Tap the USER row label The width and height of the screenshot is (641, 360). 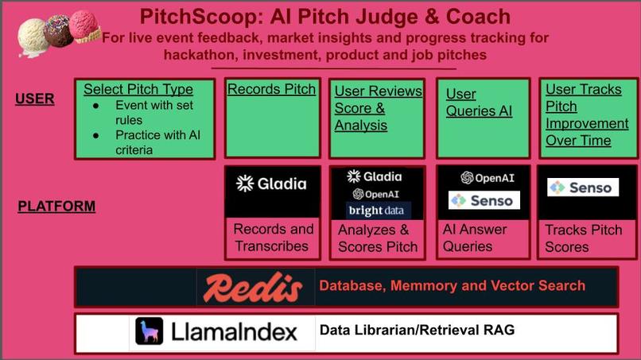point(35,99)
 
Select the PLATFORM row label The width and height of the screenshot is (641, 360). point(56,207)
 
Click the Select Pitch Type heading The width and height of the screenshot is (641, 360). point(138,89)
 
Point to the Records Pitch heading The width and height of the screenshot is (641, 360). point(271,89)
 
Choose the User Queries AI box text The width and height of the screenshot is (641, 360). point(479,103)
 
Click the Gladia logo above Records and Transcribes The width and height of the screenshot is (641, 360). point(271,184)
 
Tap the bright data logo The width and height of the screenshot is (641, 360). point(378,211)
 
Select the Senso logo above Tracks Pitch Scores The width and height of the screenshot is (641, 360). point(583,188)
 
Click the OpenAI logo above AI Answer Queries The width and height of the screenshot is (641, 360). point(488,177)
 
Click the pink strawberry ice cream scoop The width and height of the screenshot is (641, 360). point(84,25)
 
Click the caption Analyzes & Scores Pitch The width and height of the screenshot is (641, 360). point(378,238)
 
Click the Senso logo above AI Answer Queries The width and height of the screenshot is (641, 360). point(484,200)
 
